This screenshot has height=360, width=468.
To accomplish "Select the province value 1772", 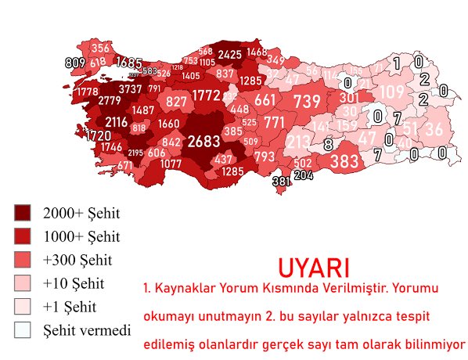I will (207, 95).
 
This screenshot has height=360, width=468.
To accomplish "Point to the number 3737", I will (130, 89).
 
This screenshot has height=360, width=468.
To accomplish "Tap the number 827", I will (177, 102).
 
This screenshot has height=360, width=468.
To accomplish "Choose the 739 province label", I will (307, 102).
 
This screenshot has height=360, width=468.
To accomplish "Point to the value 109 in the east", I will (392, 93).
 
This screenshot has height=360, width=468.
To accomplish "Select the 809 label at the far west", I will (75, 63).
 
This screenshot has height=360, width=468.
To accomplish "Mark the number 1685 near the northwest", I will (128, 63).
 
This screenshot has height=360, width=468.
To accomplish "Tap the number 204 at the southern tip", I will (303, 176).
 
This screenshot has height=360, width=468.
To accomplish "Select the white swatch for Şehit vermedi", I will (23, 329).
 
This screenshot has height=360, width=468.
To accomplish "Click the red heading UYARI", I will (313, 266).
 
